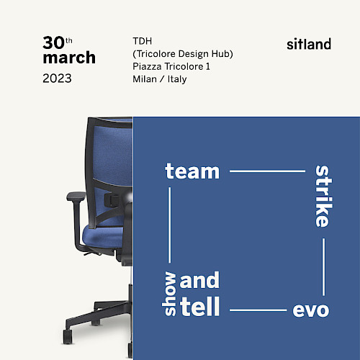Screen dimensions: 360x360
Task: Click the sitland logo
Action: pos(309,44)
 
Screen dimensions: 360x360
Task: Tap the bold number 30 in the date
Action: pos(54,42)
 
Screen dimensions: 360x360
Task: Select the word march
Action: pos(69,58)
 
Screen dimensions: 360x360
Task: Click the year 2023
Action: pos(57,78)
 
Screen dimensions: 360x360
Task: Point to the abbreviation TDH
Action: pos(143,41)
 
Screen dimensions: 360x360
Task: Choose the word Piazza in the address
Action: pos(147,66)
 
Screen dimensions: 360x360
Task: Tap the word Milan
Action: pos(145,79)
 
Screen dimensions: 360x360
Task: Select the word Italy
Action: pos(177,79)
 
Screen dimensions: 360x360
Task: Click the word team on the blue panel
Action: pos(192,171)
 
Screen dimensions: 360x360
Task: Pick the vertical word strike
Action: pos(323,196)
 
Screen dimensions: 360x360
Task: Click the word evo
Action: pos(311,310)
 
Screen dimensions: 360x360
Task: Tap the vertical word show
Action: pos(169,293)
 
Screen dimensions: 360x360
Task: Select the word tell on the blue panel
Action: pos(199,306)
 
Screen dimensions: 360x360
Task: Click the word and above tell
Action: pos(199,279)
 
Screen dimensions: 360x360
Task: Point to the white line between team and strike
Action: pos(267,171)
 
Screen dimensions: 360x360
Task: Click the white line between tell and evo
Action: pos(258,310)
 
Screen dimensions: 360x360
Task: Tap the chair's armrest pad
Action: pos(76,196)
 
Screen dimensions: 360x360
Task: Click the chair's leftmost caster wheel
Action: pos(68,336)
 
